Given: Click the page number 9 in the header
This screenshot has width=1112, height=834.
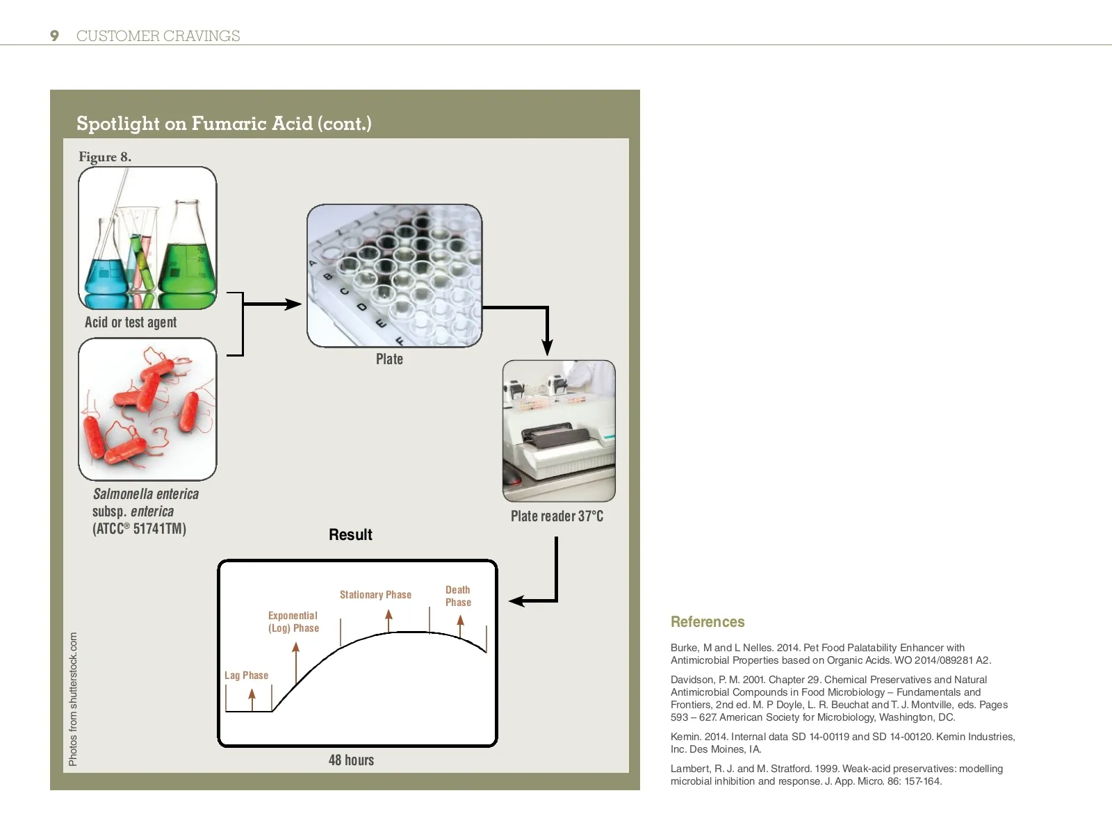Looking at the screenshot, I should pos(54,36).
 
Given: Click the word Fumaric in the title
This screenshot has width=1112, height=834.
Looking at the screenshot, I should pos(228,124).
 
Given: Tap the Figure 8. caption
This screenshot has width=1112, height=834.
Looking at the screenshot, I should pos(105,157).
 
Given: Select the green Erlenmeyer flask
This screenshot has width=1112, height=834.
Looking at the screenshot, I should pos(186,257).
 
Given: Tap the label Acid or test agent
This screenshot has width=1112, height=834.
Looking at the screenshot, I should pos(131,322).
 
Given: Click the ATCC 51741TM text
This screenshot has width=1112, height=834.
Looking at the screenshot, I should pos(139,529).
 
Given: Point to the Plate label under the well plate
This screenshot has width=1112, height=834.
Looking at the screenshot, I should pos(389,359).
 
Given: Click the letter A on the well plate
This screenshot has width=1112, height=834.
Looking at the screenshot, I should pos(313,263).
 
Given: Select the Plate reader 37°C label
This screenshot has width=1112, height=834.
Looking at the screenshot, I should pos(557,516).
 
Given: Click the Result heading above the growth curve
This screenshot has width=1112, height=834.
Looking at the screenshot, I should pos(350,535).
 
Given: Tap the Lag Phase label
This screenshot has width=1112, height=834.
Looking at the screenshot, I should pos(246,676).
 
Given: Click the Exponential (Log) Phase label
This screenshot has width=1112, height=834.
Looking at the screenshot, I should pos(293,622).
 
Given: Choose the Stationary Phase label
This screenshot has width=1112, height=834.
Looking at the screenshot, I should pos(375,595).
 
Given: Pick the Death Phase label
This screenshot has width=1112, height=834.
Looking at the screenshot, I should pos(458,596).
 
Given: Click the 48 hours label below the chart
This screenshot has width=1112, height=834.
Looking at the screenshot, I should pos(351,760).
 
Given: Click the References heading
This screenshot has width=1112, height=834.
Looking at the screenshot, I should pos(708,622).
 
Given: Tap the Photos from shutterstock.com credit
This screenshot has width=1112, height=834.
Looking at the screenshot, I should pos(73,699).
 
